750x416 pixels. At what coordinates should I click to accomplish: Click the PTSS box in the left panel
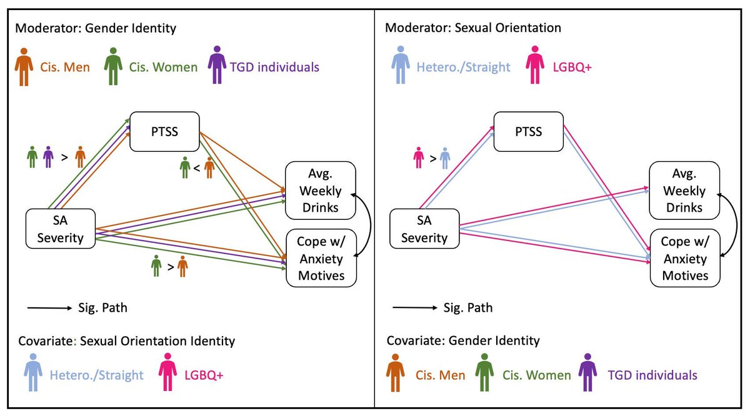pyautogui.click(x=164, y=131)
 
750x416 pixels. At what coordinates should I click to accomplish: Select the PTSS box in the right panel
pyautogui.click(x=529, y=132)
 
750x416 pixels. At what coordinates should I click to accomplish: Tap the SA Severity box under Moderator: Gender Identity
pyautogui.click(x=60, y=229)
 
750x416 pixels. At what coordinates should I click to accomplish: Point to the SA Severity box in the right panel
pyautogui.click(x=424, y=229)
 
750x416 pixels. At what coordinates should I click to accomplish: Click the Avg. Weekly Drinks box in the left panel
pyautogui.click(x=321, y=191)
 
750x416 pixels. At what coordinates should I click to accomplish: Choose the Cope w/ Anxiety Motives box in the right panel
pyautogui.click(x=685, y=259)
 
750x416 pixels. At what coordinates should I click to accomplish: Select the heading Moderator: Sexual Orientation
pyautogui.click(x=473, y=28)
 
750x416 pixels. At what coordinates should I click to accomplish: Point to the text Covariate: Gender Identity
pyautogui.click(x=463, y=340)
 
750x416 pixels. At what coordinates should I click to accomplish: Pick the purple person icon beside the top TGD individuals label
pyautogui.click(x=217, y=66)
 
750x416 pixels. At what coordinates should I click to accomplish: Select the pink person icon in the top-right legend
pyautogui.click(x=536, y=66)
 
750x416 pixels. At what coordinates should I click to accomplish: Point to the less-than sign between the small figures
pyautogui.click(x=196, y=168)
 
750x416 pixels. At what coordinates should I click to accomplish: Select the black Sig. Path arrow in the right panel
pyautogui.click(x=414, y=307)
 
